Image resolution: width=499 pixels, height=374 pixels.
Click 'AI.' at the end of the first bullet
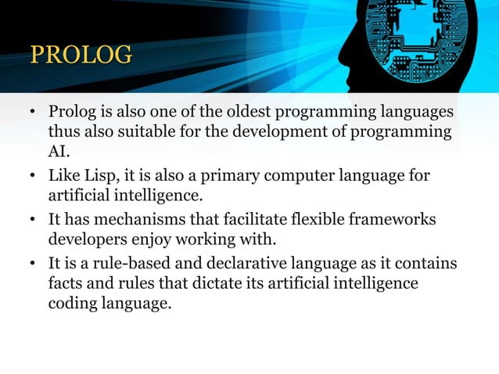point(59,151)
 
